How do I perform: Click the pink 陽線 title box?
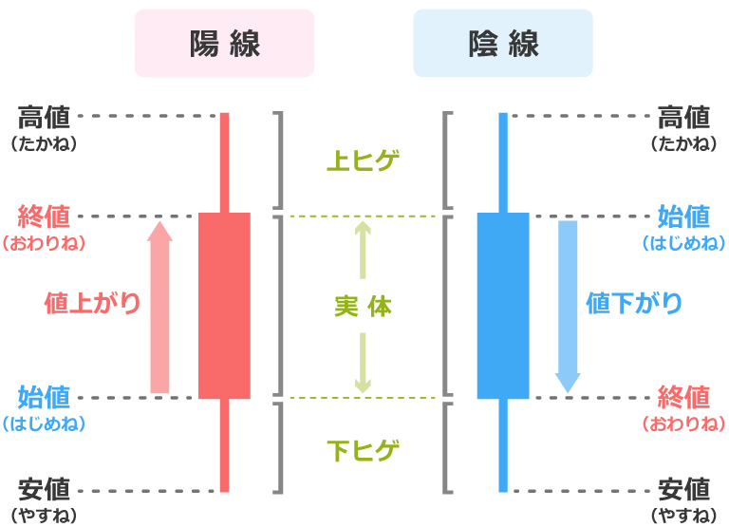click(x=224, y=43)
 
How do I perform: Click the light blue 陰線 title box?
click(x=503, y=43)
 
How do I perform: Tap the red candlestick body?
click(x=224, y=306)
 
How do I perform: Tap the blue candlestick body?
click(x=503, y=306)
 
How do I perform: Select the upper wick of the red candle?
click(x=225, y=161)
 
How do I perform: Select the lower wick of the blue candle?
click(x=503, y=446)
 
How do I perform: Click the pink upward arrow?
click(x=160, y=309)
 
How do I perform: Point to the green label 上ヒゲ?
click(x=363, y=161)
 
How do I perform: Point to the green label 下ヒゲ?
click(x=363, y=449)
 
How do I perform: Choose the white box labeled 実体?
click(x=363, y=306)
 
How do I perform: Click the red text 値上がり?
click(x=93, y=303)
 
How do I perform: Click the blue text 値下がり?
click(x=634, y=303)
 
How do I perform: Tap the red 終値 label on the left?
click(x=44, y=216)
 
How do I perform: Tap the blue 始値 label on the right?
click(x=684, y=216)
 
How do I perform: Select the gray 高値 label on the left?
click(x=44, y=118)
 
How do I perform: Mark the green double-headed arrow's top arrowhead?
click(x=363, y=228)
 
